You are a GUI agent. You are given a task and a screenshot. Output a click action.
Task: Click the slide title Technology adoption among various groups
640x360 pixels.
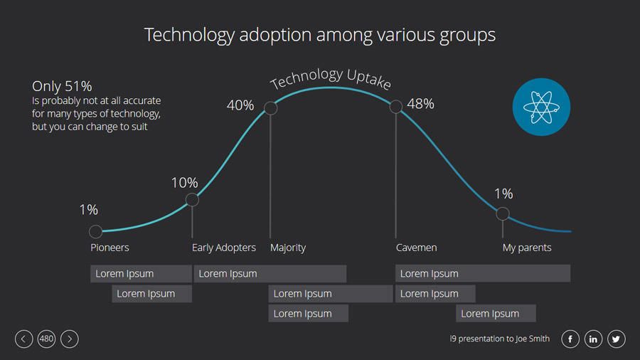pos(320,35)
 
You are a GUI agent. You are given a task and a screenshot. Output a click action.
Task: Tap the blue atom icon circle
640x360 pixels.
pos(541,107)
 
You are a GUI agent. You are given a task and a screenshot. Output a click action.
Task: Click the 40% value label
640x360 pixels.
pos(240,105)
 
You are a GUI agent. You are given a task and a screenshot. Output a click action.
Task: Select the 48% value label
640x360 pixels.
pos(420,104)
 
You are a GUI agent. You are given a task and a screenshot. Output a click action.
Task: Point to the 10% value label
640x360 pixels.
pos(184,183)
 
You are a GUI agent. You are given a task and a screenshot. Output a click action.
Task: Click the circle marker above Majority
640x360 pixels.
pos(270,108)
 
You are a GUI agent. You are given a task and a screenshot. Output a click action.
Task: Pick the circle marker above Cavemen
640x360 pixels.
pos(396,107)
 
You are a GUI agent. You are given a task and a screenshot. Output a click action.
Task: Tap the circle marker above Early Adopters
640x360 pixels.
pos(192,200)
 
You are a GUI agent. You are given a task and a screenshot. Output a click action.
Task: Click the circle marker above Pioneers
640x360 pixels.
pos(96,231)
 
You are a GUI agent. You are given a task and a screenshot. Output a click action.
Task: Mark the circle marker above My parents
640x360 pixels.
pos(503,213)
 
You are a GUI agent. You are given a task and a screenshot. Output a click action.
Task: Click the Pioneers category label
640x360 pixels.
pos(110,248)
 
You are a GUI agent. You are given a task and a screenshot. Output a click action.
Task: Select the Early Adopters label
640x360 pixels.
pos(224,248)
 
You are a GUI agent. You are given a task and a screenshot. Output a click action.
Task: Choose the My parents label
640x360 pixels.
pos(527,248)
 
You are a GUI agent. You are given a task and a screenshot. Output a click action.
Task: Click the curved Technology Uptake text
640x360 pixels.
pos(331,78)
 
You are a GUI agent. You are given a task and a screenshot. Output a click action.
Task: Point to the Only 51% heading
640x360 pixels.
pos(62,86)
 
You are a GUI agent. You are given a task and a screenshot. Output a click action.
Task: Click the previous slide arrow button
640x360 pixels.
pos(23,339)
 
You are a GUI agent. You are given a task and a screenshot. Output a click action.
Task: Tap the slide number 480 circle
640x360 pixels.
pos(46,339)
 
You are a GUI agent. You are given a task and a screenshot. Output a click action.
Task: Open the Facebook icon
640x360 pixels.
pos(570,339)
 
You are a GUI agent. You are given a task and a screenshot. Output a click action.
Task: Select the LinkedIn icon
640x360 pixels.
pos(593,339)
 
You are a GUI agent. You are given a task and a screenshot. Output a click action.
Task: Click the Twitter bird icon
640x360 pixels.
pos(616,339)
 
